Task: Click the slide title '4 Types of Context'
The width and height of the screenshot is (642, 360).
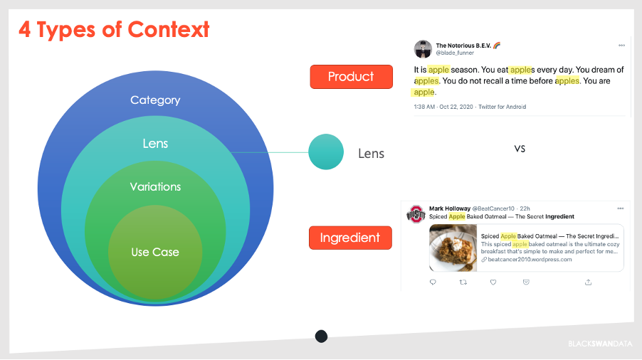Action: [114, 30]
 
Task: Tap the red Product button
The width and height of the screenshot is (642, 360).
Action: [352, 77]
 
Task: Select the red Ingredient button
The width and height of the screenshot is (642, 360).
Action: [350, 238]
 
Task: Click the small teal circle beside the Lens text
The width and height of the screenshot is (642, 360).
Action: [326, 152]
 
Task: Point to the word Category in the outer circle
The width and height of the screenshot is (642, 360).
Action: [155, 100]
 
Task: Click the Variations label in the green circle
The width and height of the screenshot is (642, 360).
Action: [155, 186]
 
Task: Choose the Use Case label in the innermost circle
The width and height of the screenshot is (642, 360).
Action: [155, 252]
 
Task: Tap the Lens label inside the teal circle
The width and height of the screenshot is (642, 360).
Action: [155, 144]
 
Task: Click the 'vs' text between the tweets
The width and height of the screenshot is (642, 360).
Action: [520, 149]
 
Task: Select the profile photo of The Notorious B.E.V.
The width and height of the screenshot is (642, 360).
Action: [423, 49]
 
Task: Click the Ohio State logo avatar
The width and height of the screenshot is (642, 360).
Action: [416, 214]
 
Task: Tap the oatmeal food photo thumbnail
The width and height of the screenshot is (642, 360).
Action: [453, 248]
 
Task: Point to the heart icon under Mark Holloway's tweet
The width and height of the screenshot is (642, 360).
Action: [493, 282]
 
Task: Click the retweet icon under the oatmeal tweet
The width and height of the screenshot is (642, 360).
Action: [463, 282]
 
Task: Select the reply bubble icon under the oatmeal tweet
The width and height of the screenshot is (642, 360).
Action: [433, 282]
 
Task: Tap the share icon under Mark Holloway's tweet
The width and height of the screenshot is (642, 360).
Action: [589, 282]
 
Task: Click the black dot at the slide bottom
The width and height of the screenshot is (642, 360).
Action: [322, 337]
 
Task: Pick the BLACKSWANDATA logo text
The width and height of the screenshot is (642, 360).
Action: [600, 344]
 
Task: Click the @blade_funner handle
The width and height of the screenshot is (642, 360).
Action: [455, 53]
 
